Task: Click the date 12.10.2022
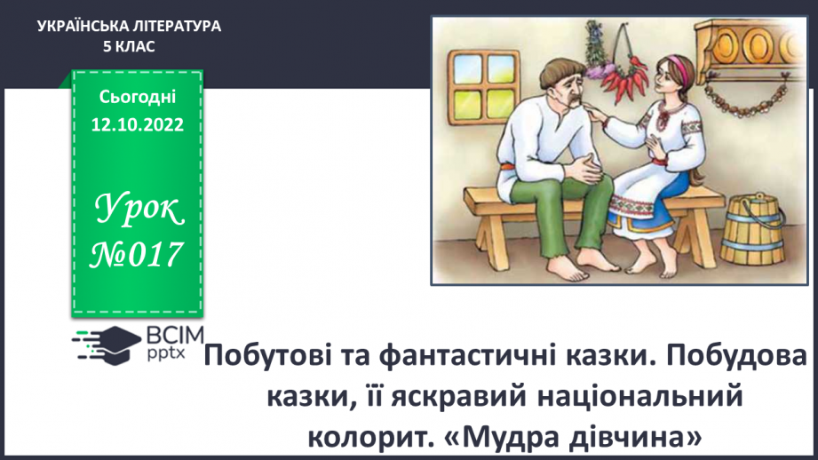click(137, 124)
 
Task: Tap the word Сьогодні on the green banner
click(137, 95)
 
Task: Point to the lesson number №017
click(137, 255)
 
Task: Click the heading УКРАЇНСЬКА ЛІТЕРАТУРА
click(130, 27)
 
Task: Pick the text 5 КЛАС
click(130, 46)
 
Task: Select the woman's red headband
click(677, 64)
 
